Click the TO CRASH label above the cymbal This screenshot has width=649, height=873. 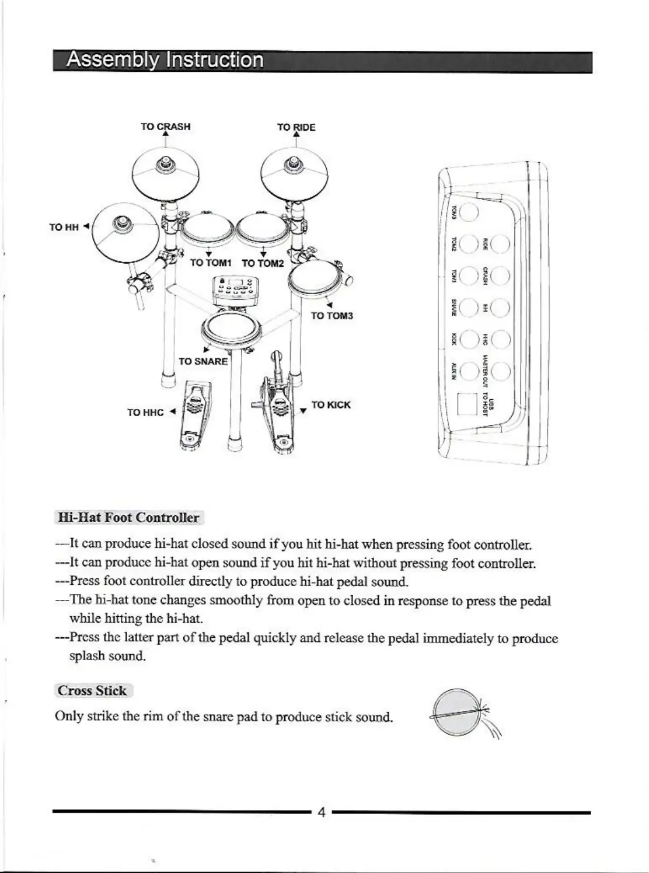(165, 127)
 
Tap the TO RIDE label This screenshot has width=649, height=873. (296, 127)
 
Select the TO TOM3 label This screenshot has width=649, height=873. (332, 316)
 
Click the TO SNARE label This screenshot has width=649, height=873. (203, 361)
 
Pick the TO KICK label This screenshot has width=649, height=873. (331, 405)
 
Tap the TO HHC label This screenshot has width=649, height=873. (145, 413)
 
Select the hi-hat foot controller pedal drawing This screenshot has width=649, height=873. (194, 416)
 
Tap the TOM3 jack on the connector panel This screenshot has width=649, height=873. (469, 211)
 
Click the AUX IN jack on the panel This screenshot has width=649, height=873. (469, 371)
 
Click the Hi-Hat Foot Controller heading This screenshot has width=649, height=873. (128, 518)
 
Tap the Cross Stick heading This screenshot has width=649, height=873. (92, 691)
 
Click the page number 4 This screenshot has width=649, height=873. (320, 812)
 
